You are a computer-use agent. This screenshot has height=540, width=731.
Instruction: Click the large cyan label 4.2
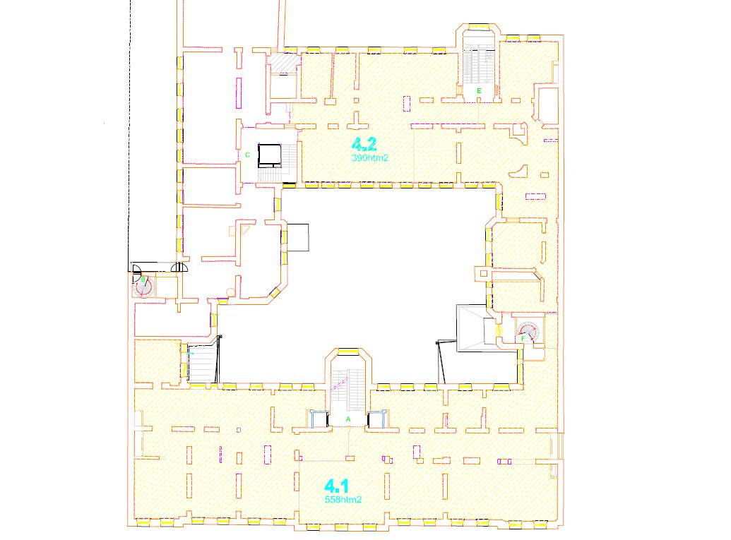(364, 144)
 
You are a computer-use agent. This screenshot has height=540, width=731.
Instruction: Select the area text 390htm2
(370, 158)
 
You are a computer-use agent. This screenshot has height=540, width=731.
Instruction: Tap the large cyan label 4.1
(337, 486)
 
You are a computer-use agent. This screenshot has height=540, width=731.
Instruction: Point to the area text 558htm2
(343, 500)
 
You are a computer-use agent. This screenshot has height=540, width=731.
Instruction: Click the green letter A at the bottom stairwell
(348, 419)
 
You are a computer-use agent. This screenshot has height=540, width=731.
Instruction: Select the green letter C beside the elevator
(248, 155)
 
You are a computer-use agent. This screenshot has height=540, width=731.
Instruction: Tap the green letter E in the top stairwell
(479, 91)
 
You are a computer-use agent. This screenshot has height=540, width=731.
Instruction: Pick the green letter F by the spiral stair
(523, 338)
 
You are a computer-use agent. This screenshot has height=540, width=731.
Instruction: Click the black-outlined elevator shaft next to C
(270, 155)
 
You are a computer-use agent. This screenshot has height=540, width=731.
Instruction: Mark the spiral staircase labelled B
(143, 287)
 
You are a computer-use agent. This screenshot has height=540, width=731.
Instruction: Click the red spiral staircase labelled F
(528, 331)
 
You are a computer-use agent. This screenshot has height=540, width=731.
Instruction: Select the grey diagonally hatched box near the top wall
(285, 63)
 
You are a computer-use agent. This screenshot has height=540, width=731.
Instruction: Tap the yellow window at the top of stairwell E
(478, 27)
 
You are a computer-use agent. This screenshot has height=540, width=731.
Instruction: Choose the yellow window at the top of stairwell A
(348, 352)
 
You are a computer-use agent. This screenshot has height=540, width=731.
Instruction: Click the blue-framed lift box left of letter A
(319, 419)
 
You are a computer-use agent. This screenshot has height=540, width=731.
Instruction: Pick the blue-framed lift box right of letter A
(377, 419)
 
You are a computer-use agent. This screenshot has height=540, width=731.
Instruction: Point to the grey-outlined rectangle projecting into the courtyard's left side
(298, 238)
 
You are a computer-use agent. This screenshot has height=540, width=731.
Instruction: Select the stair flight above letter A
(348, 390)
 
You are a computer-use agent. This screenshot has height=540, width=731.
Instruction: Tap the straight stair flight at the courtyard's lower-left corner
(202, 363)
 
